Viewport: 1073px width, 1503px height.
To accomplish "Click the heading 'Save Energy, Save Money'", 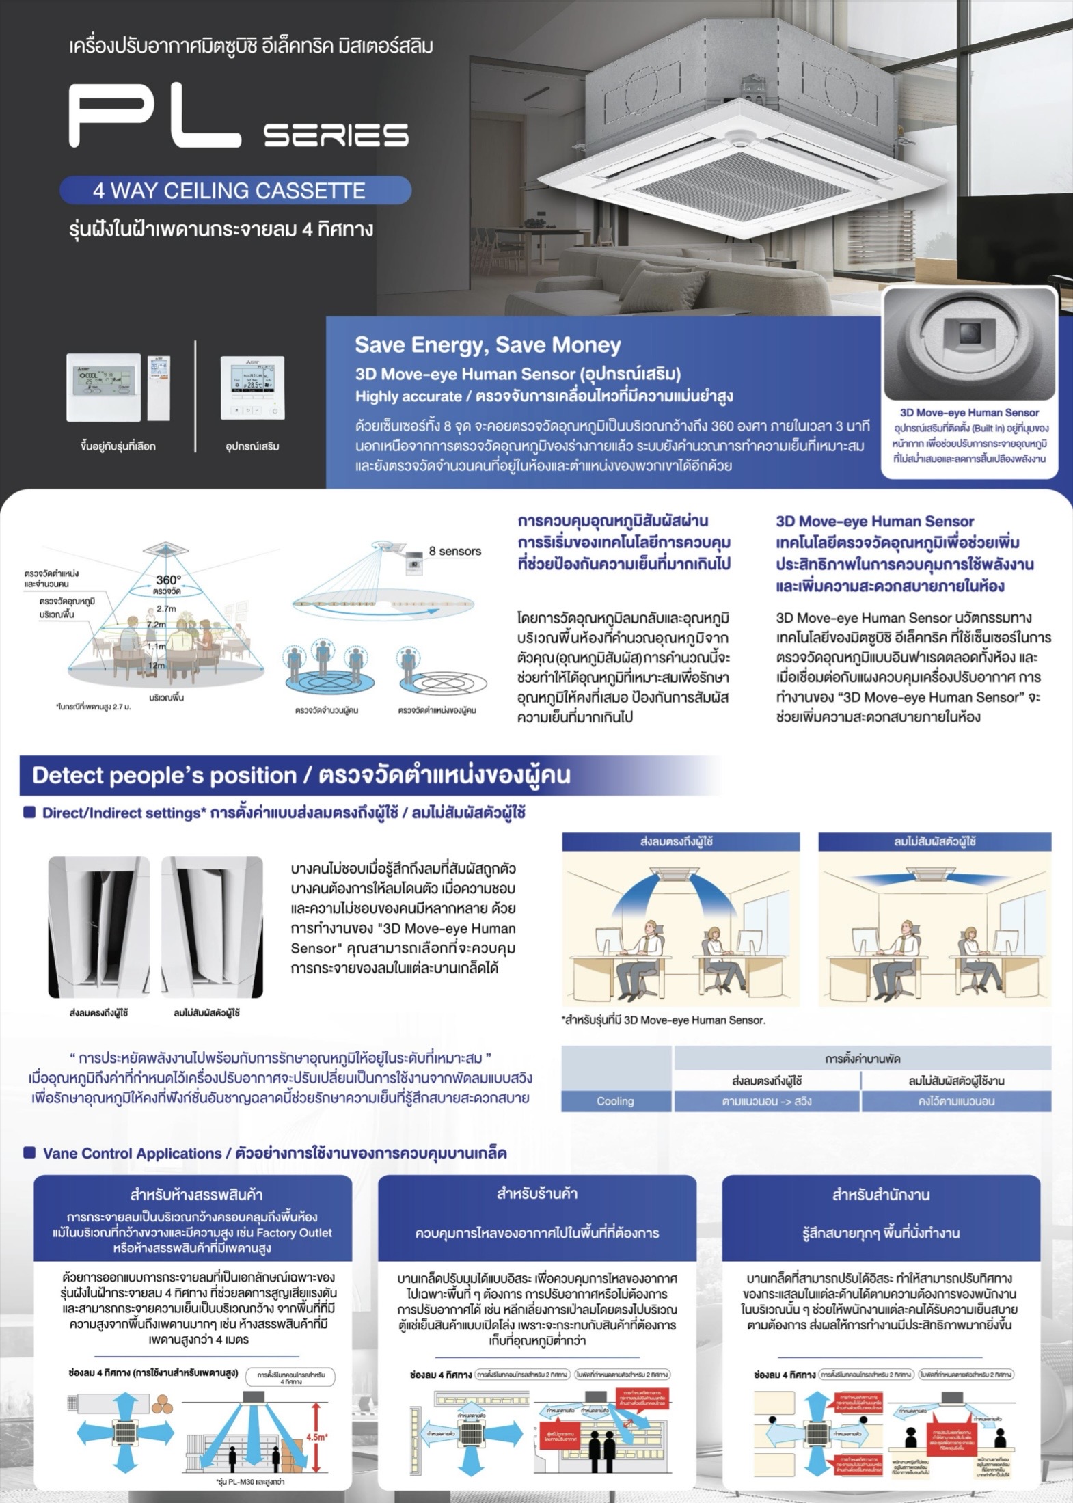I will click(x=487, y=345).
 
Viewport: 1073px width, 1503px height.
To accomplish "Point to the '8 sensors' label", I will click(x=454, y=551).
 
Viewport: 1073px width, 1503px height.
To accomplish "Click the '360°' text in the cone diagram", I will click(x=168, y=580).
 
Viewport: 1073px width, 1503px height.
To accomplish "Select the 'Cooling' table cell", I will click(x=615, y=1101).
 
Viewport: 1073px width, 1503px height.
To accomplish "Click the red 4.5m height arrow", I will click(x=316, y=1437).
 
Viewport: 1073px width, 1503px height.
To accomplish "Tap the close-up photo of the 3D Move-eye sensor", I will click(x=969, y=344).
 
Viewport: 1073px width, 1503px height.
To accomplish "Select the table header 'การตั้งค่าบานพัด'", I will click(x=862, y=1059).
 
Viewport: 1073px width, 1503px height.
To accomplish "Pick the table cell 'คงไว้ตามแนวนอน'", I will click(x=955, y=1101).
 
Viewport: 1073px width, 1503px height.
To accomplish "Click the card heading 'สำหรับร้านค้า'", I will click(x=537, y=1194).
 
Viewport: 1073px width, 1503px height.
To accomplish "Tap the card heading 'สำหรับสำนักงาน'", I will click(x=880, y=1195).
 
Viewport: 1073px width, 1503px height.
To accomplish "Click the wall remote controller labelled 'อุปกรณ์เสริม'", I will click(x=252, y=388).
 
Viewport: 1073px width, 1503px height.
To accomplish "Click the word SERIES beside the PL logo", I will click(x=336, y=135).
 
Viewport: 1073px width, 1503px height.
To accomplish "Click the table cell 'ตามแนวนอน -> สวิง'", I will click(x=766, y=1101).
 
